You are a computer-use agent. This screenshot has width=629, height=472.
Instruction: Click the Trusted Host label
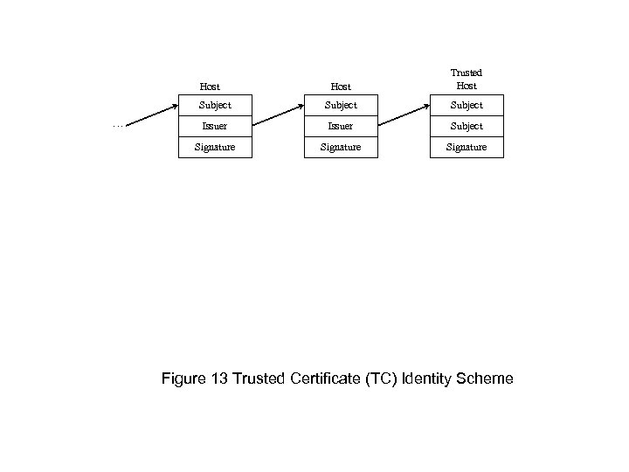pyautogui.click(x=466, y=80)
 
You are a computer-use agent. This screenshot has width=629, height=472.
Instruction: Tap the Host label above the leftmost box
pyautogui.click(x=210, y=87)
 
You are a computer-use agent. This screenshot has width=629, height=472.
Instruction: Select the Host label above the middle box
pyautogui.click(x=341, y=87)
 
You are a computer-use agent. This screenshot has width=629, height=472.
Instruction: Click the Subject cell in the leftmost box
pyautogui.click(x=214, y=105)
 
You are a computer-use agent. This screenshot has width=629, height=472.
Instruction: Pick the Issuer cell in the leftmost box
pyautogui.click(x=214, y=126)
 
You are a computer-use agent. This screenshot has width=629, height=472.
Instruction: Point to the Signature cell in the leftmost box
pyautogui.click(x=214, y=147)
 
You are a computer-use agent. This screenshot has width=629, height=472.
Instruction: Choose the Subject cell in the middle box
pyautogui.click(x=341, y=105)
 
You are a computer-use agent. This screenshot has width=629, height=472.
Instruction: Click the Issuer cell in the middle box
pyautogui.click(x=341, y=126)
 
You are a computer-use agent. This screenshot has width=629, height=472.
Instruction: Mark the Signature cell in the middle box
pyautogui.click(x=341, y=147)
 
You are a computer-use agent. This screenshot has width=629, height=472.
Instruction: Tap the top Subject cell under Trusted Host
pyautogui.click(x=466, y=105)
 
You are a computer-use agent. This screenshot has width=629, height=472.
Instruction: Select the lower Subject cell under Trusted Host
pyautogui.click(x=466, y=126)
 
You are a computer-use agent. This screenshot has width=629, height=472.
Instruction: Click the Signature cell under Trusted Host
pyautogui.click(x=466, y=147)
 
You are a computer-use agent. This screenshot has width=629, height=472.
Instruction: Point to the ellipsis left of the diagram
pyautogui.click(x=118, y=125)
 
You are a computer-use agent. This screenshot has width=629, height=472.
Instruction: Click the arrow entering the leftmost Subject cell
pyautogui.click(x=155, y=117)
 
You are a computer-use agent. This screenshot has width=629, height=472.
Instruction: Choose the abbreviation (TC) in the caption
pyautogui.click(x=384, y=378)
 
